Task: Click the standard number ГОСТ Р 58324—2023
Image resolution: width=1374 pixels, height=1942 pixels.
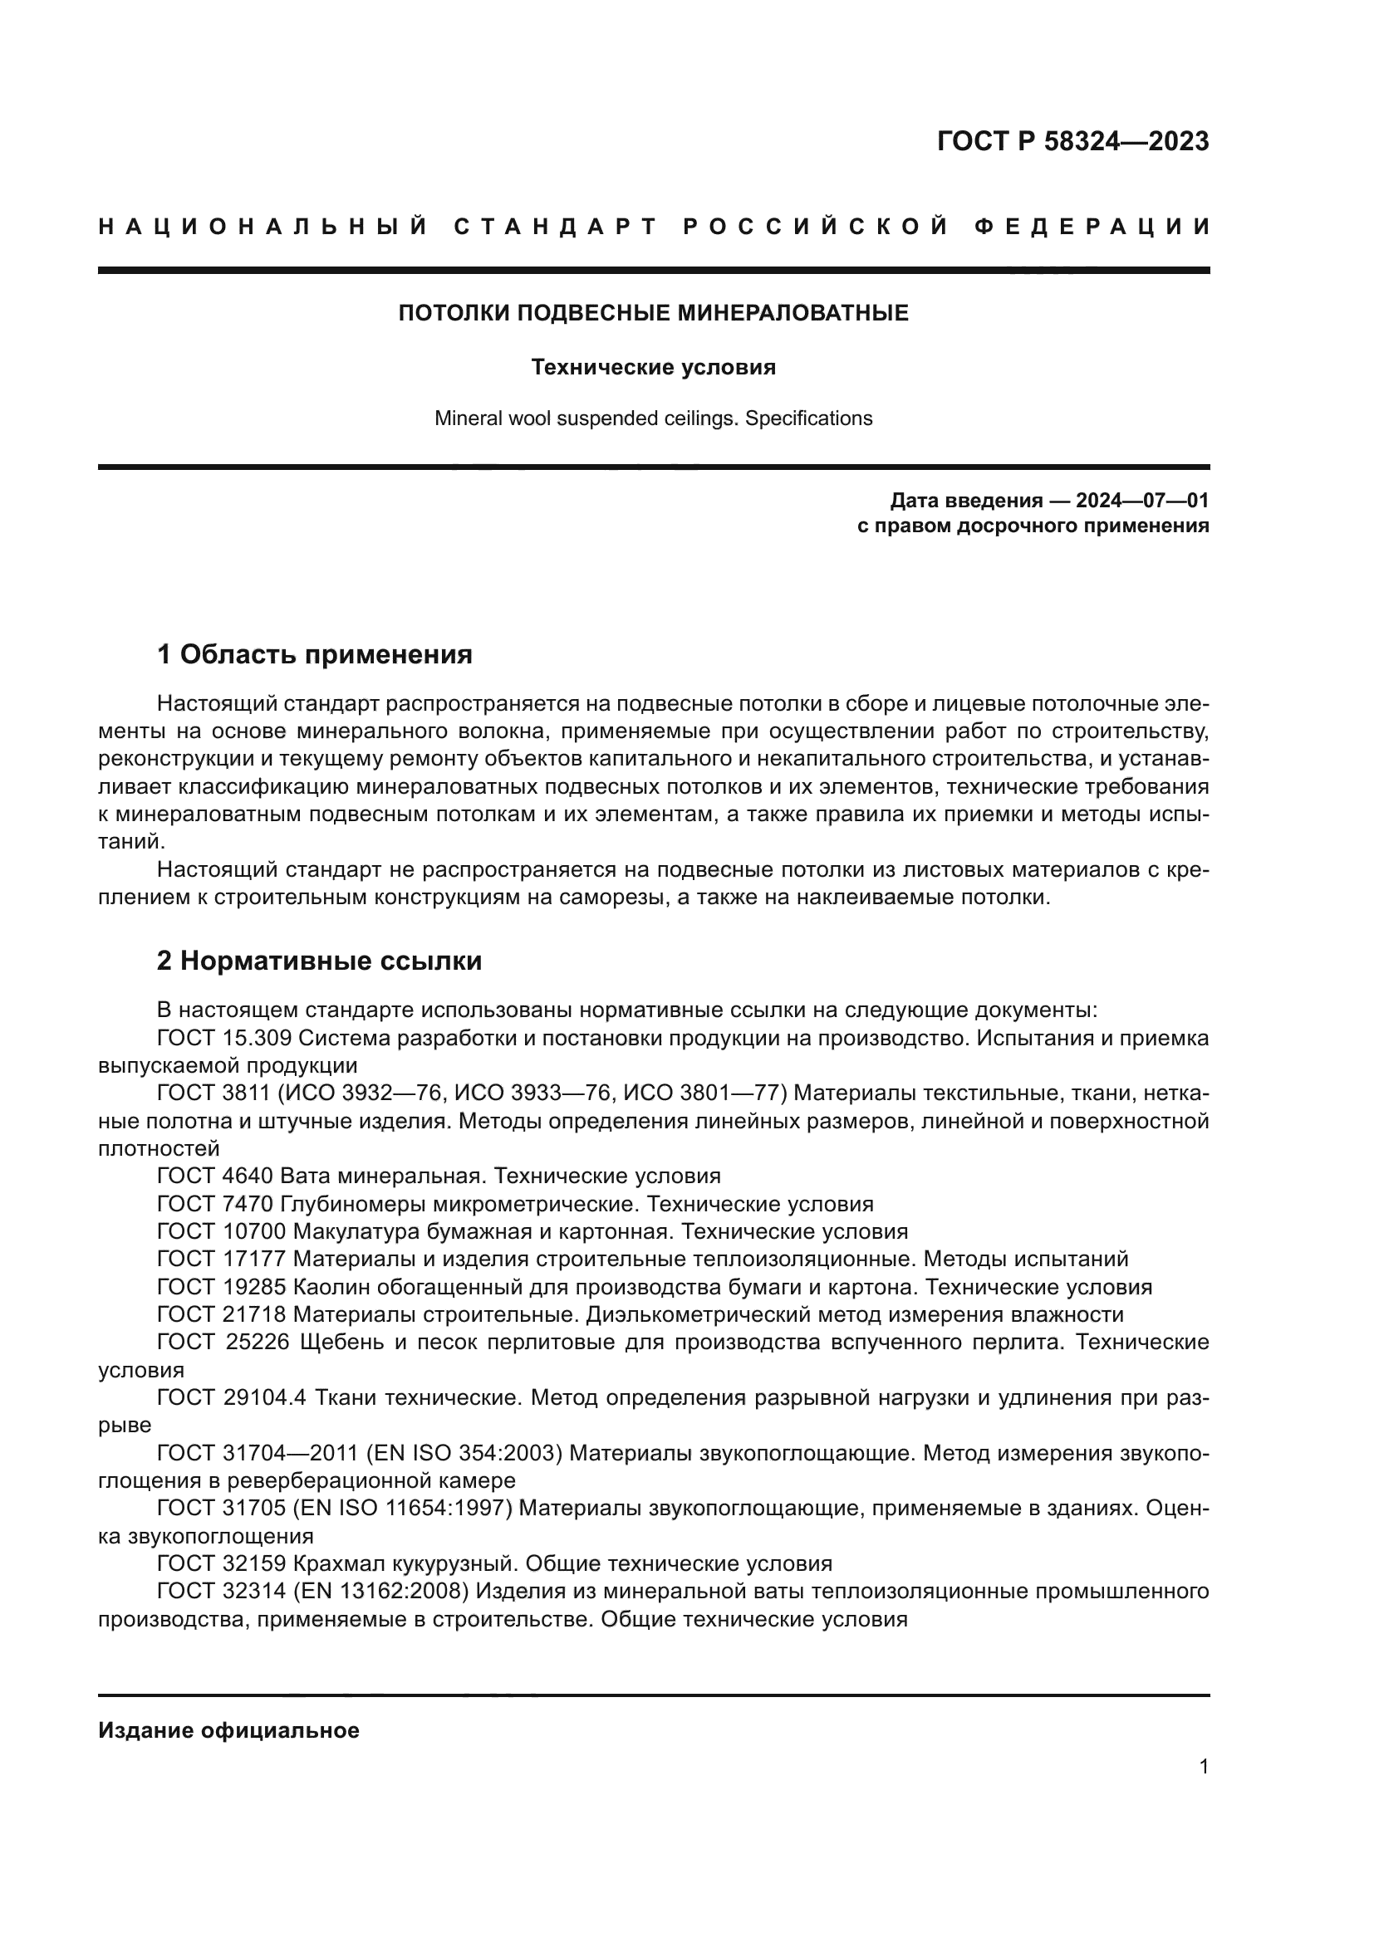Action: (1072, 141)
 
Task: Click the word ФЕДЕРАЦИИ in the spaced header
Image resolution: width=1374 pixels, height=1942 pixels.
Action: (1092, 227)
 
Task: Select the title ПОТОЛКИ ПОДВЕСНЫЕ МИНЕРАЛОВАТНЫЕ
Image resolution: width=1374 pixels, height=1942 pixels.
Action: (653, 314)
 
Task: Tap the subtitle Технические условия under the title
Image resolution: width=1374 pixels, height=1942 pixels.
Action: (653, 368)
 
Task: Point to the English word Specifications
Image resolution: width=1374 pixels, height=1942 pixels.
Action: (808, 418)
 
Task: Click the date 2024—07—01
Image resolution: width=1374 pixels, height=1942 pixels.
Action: (1142, 501)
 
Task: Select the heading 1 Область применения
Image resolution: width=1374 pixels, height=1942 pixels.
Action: (315, 653)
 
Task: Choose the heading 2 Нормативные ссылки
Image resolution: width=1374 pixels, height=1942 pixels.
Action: (320, 961)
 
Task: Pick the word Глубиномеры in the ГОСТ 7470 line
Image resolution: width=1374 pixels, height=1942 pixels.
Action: (363, 1204)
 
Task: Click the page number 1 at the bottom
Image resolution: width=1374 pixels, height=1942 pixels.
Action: (1204, 1767)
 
